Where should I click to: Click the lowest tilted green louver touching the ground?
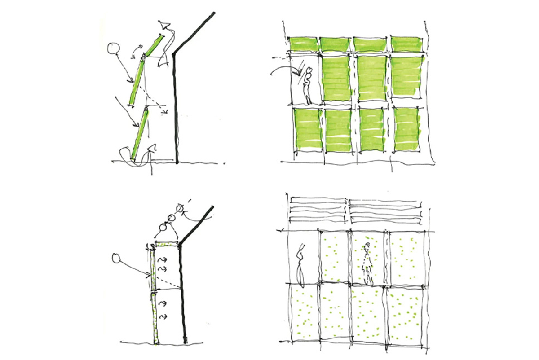pos(141,133)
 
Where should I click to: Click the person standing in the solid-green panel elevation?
pos(308,85)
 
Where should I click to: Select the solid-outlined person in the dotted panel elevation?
pos(300,265)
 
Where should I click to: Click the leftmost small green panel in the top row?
pos(302,44)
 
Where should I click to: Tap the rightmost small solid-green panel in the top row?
pos(406,44)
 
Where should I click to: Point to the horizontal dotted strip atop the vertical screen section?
pos(167,244)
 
